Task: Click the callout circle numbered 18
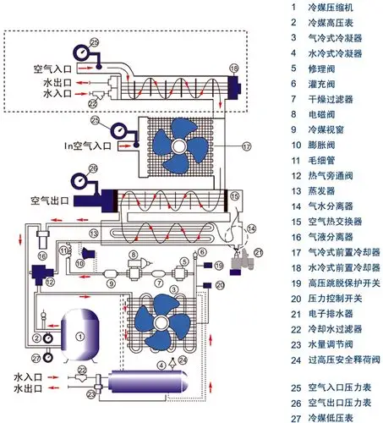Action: pyautogui.click(x=234, y=67)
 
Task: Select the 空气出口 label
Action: pyautogui.click(x=52, y=202)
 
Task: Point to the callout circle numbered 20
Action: pyautogui.click(x=221, y=285)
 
